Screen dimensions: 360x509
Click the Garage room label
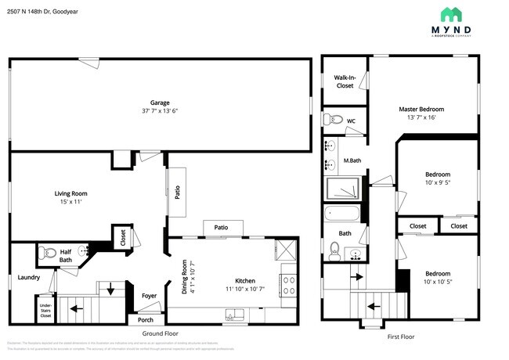(x=161, y=102)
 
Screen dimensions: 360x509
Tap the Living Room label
(x=70, y=193)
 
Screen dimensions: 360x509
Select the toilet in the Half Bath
(x=44, y=253)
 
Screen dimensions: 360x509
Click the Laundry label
(x=29, y=276)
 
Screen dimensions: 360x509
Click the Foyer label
(x=149, y=296)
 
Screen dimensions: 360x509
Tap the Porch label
(x=146, y=319)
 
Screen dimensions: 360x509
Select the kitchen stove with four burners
(x=287, y=278)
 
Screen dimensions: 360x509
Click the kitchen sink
(x=233, y=315)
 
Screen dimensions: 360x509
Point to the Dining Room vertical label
(x=185, y=278)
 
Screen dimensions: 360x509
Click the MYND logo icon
(x=450, y=14)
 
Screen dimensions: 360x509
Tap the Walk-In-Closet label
(x=345, y=81)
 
